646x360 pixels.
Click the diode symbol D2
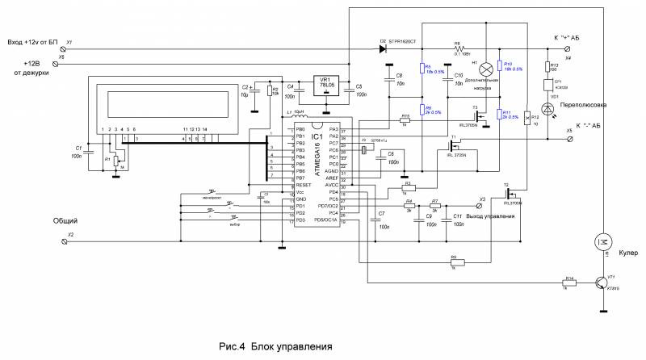(384, 48)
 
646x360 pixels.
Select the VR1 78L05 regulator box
(325, 86)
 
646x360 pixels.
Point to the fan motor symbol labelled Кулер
(602, 240)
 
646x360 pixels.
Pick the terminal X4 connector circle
(570, 48)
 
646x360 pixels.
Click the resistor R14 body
(569, 283)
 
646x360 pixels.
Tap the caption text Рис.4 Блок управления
(275, 346)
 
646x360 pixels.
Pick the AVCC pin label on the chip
(331, 186)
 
